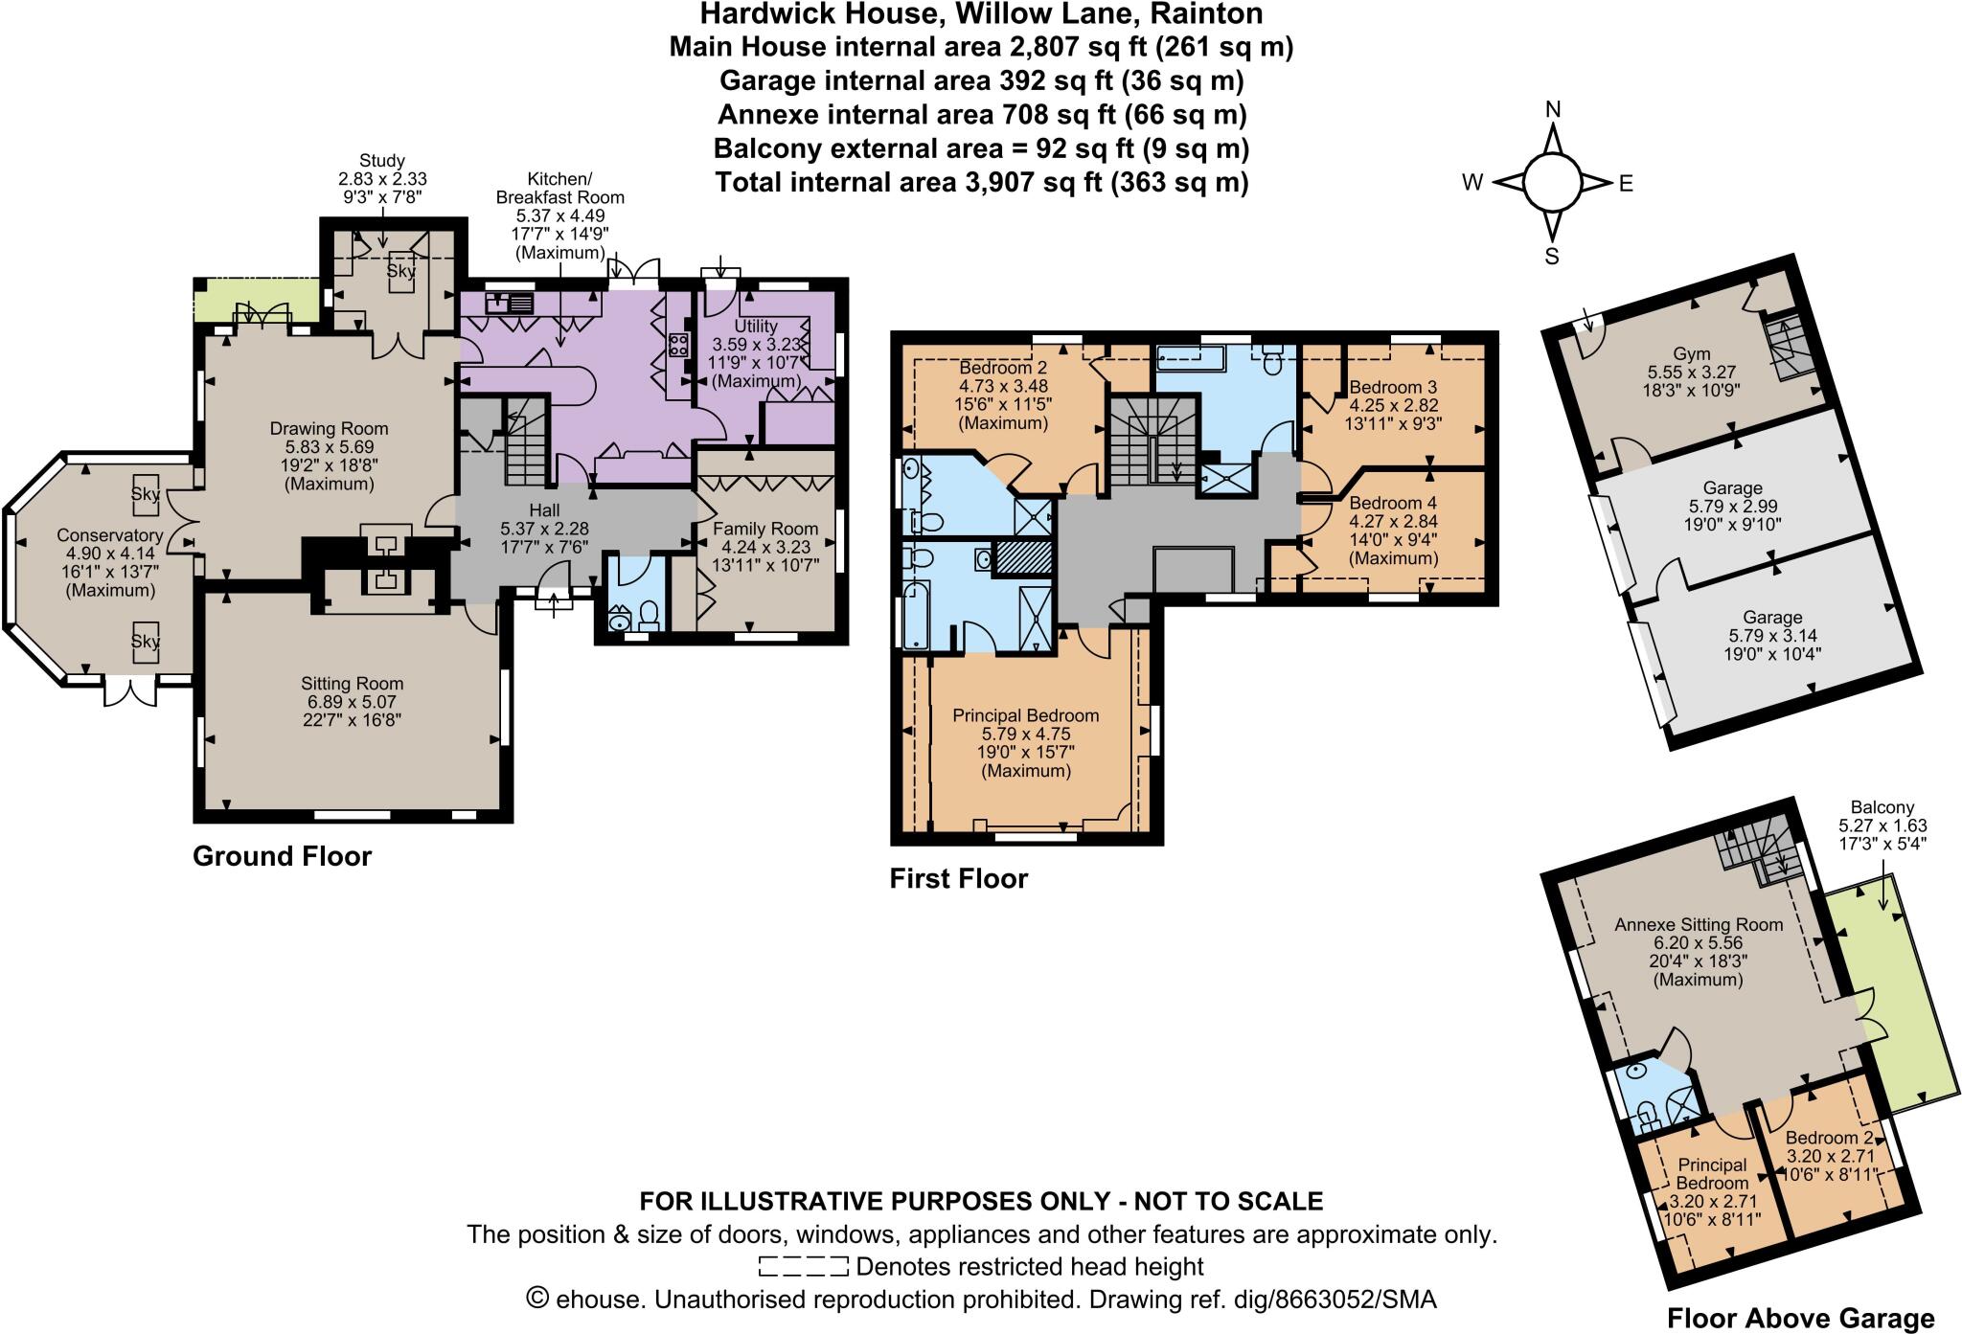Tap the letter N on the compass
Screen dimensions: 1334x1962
tap(1553, 110)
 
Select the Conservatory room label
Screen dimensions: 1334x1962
tap(109, 535)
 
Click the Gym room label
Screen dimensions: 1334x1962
tap(1692, 353)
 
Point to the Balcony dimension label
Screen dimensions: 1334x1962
tap(1882, 825)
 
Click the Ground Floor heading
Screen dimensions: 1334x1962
tap(282, 856)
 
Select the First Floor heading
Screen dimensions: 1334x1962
tap(958, 879)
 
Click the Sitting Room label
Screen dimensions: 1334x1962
tap(352, 684)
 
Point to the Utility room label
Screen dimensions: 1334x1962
tap(755, 327)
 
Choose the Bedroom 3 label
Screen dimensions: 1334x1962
tap(1392, 388)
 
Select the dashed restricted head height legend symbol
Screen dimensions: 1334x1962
tap(803, 1267)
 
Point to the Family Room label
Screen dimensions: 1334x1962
tap(764, 529)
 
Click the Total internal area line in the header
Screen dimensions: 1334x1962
tap(981, 182)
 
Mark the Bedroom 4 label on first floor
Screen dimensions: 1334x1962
tap(1392, 504)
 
